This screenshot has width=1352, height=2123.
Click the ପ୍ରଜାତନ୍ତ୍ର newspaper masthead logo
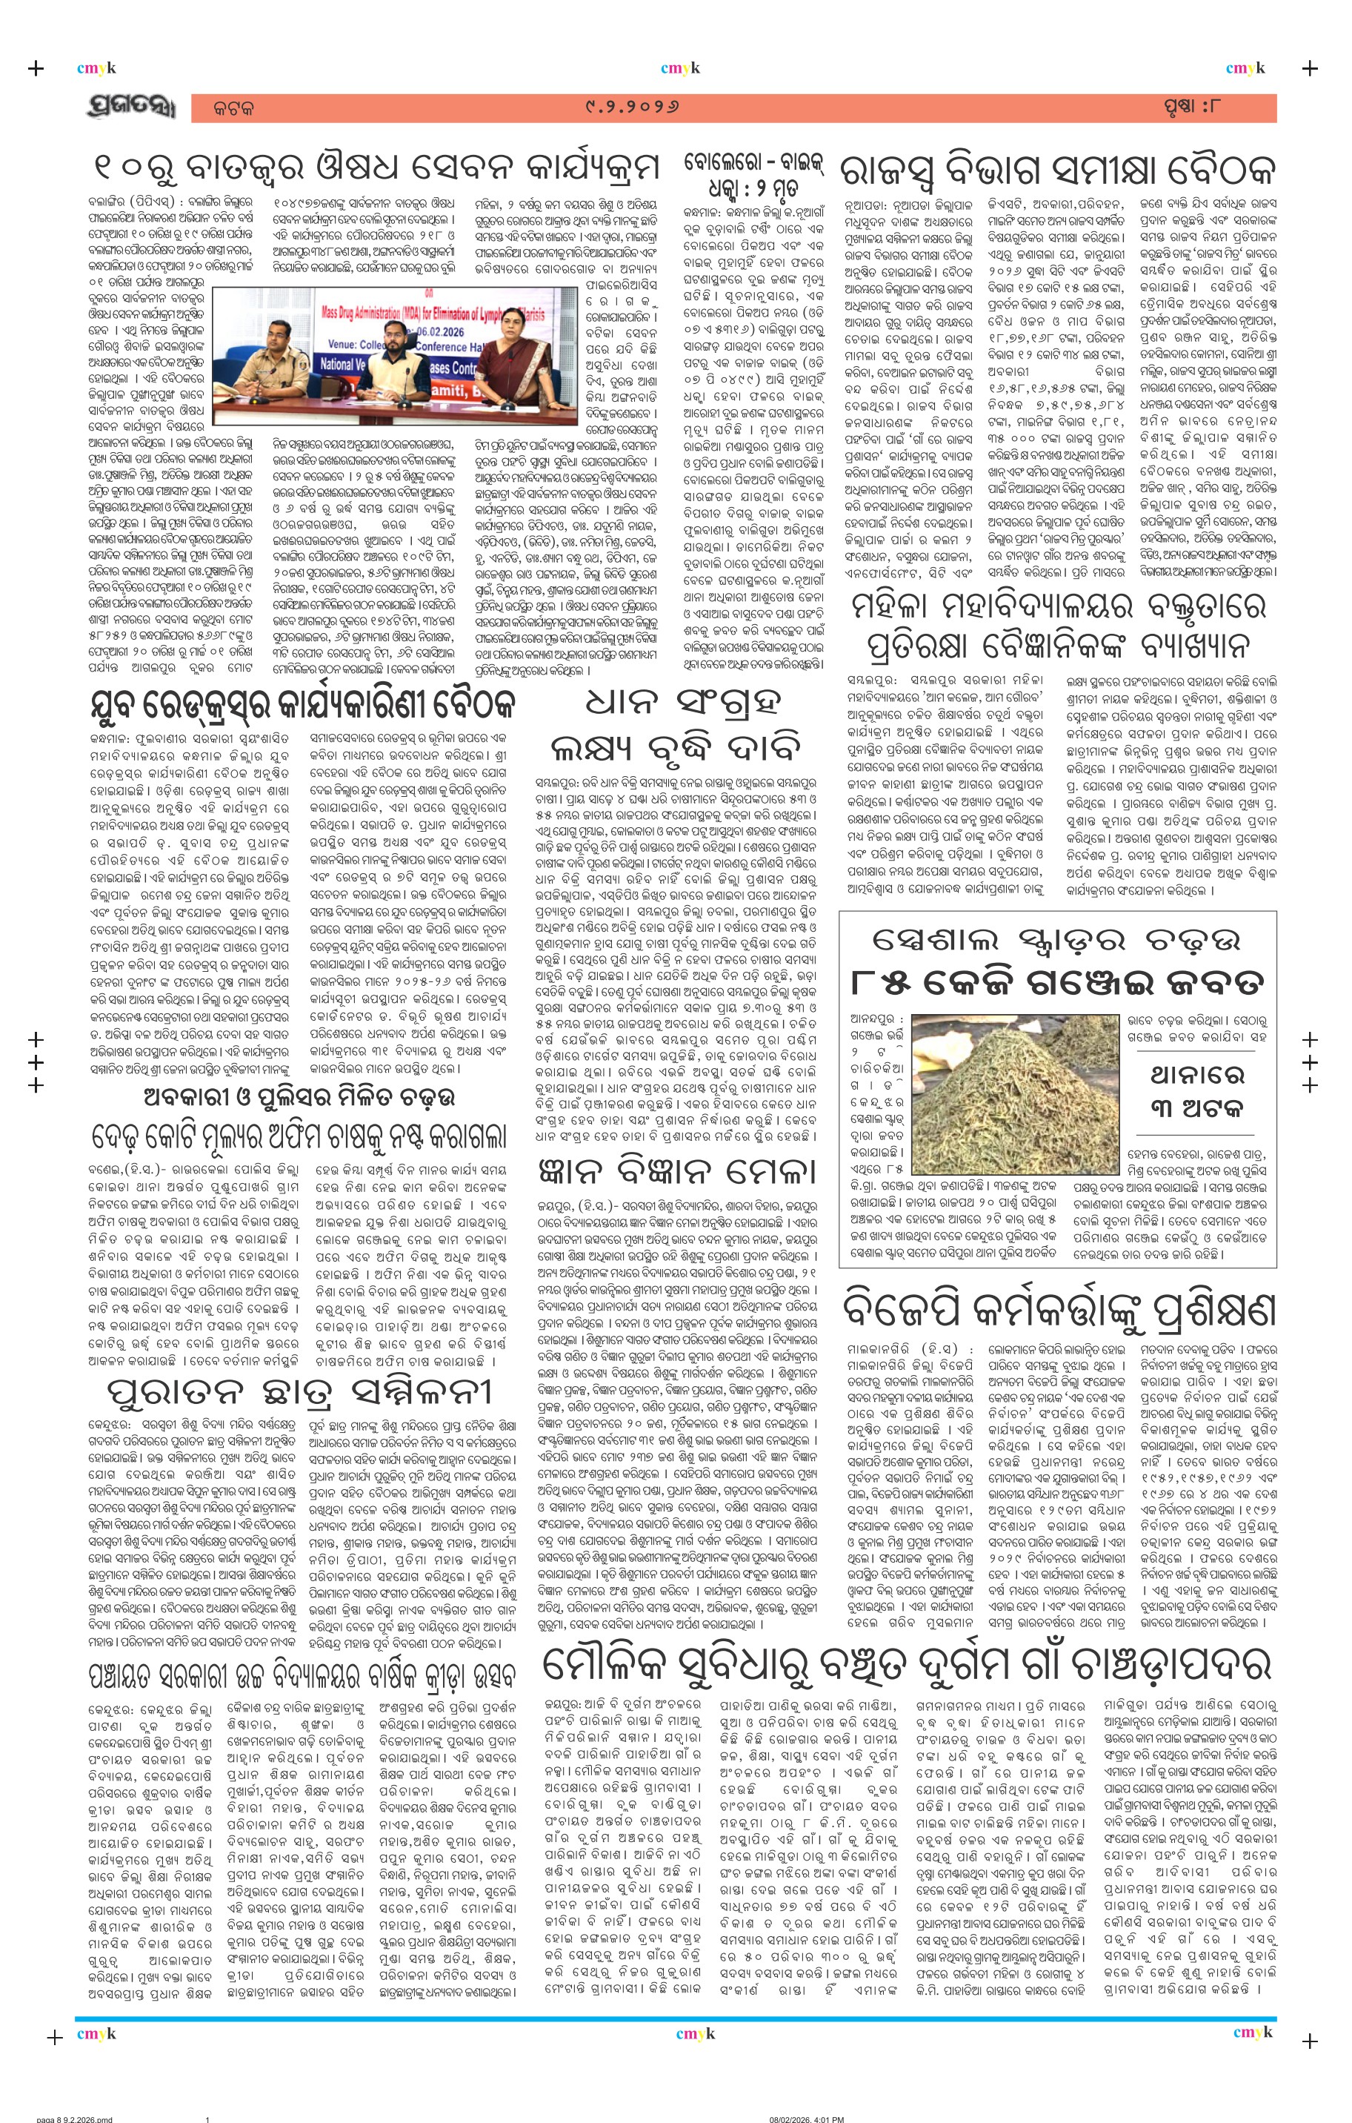(131, 108)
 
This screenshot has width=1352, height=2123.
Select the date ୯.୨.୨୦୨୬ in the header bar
(632, 108)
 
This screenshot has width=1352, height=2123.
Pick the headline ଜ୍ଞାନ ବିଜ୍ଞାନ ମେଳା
(675, 1173)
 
